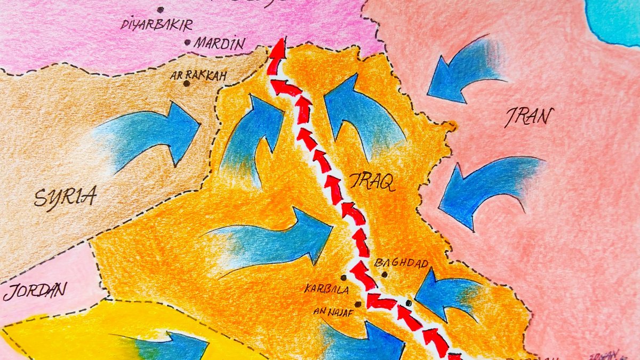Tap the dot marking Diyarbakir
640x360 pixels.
(x=160, y=10)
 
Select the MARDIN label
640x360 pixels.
(x=219, y=43)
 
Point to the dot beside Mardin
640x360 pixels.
(x=187, y=42)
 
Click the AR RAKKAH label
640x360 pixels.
(x=198, y=75)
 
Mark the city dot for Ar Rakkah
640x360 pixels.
(x=186, y=83)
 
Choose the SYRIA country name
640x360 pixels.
(x=66, y=197)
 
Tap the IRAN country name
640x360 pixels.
(x=528, y=116)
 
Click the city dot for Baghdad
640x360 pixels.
(x=384, y=274)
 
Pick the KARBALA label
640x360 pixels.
(x=326, y=290)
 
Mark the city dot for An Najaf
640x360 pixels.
(x=357, y=305)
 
